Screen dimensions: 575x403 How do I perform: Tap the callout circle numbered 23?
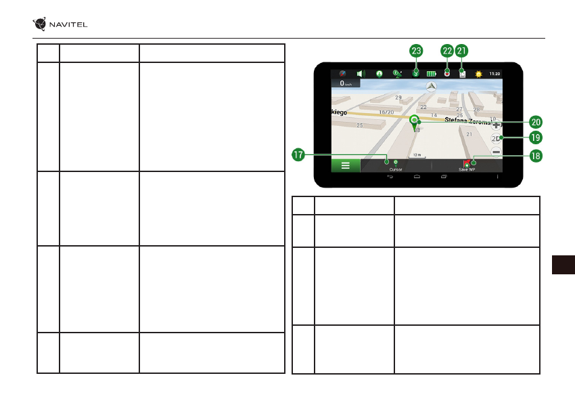pos(417,51)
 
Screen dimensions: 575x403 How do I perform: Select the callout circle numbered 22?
pos(447,51)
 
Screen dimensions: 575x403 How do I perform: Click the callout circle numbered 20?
pos(535,123)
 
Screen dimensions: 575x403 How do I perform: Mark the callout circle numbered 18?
pos(535,155)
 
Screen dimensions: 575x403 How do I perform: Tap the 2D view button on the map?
pos(496,139)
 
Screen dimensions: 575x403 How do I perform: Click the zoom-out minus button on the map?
pos(496,152)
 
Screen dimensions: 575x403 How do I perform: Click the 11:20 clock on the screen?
pos(495,72)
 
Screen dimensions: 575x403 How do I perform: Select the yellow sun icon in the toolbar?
pos(479,72)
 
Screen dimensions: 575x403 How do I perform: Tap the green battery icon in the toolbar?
pos(430,72)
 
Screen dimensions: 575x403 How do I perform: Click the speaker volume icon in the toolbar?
pos(361,72)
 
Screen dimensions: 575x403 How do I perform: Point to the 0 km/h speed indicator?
pos(345,83)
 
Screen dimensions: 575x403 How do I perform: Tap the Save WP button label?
pos(467,169)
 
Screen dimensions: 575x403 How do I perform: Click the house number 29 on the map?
pos(398,98)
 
